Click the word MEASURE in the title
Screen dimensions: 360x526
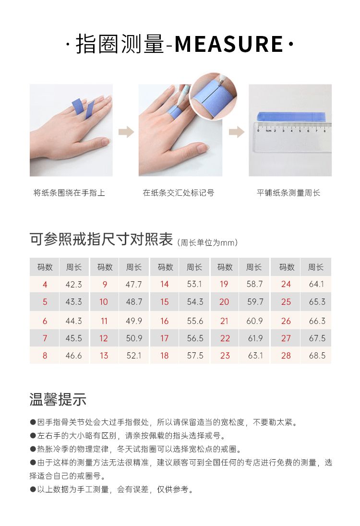[229, 44]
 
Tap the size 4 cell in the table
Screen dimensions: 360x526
[45, 285]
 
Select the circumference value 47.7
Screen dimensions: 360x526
[133, 285]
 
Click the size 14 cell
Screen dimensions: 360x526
[164, 285]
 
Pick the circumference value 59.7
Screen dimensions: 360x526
[255, 302]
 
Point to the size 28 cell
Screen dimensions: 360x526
[286, 356]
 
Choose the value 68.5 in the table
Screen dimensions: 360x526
[317, 356]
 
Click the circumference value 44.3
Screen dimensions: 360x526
[73, 321]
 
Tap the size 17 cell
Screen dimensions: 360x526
[164, 338]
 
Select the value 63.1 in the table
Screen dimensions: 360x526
[255, 356]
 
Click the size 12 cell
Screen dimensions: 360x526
[104, 338]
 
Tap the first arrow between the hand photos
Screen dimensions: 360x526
[126, 132]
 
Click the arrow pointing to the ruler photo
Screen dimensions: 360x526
[237, 132]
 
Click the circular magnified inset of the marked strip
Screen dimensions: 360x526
[214, 96]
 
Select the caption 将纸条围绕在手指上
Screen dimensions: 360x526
[69, 193]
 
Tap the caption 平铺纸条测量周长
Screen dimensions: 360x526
[288, 193]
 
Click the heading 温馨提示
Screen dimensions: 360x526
[58, 399]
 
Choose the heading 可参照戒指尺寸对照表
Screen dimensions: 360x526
[101, 239]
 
